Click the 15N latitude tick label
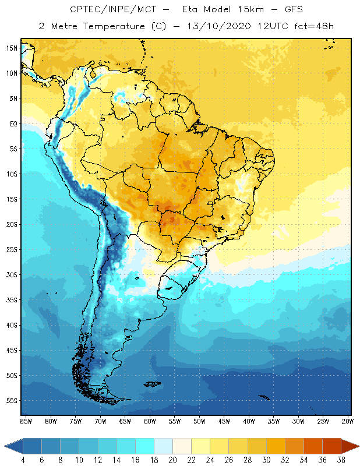tap(12, 48)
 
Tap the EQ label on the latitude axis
tap(12, 123)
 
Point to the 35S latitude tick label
tap(12, 299)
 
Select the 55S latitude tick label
tap(12, 400)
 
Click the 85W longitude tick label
tap(26, 421)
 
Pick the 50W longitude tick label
tap(199, 421)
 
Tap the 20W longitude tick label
tap(348, 421)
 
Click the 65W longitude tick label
tap(125, 421)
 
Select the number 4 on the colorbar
tap(23, 460)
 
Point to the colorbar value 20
tap(172, 460)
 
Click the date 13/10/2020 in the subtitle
tap(219, 26)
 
